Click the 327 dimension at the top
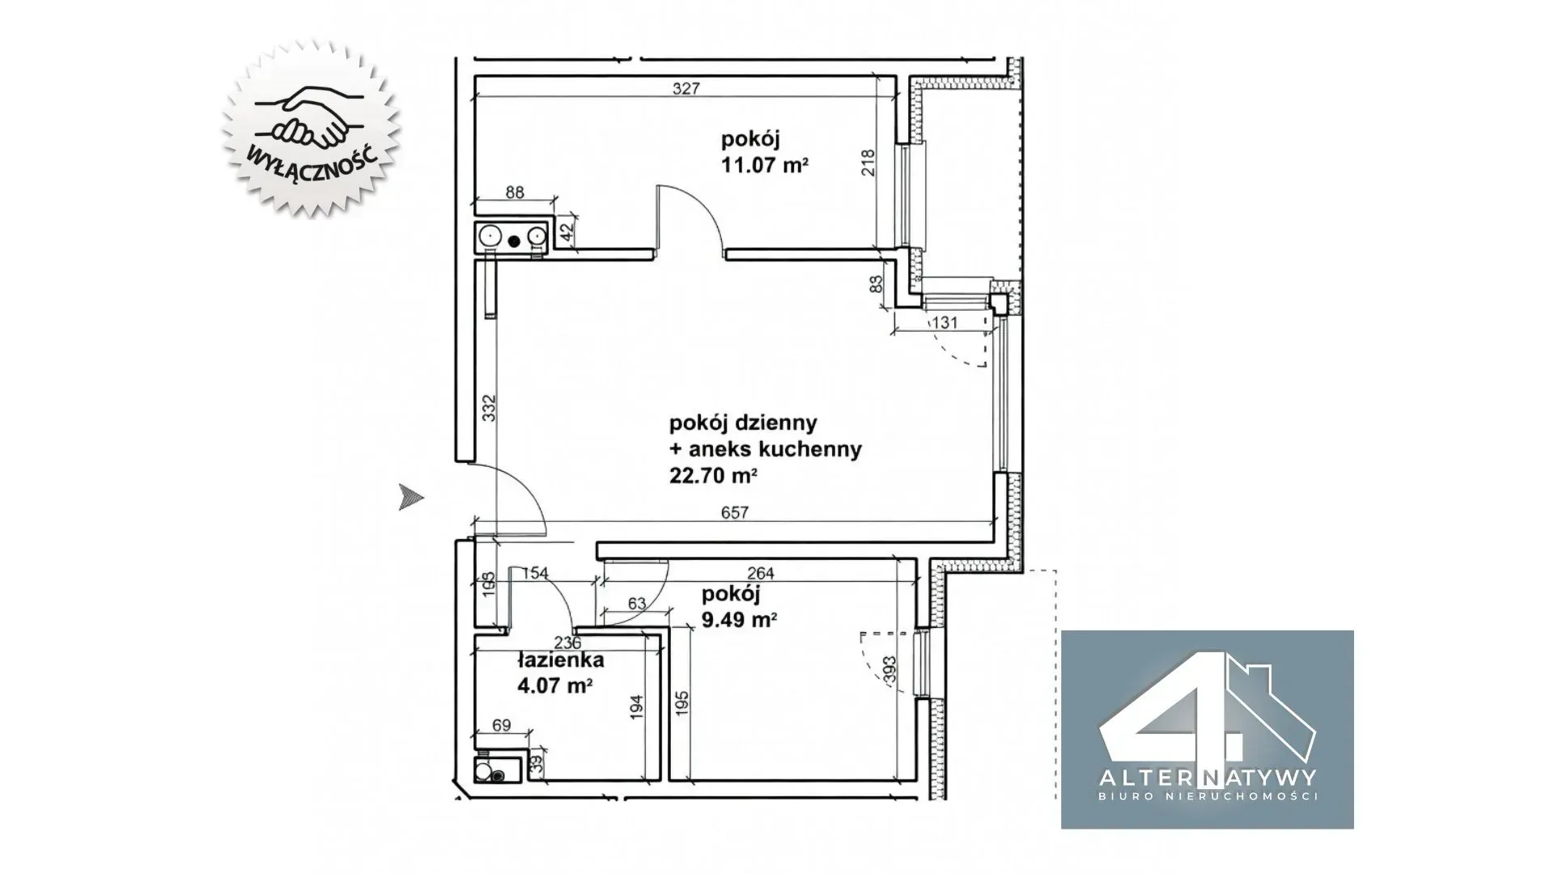686,89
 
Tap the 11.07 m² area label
765,166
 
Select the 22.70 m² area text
712,476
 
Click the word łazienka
560,660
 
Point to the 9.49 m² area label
739,620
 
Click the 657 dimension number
734,512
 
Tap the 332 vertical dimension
489,407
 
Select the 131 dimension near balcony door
945,323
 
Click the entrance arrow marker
411,497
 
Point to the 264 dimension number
760,574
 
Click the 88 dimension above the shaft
514,193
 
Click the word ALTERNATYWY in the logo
1207,778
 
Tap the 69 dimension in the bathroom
501,725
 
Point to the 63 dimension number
636,603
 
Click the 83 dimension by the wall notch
875,284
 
